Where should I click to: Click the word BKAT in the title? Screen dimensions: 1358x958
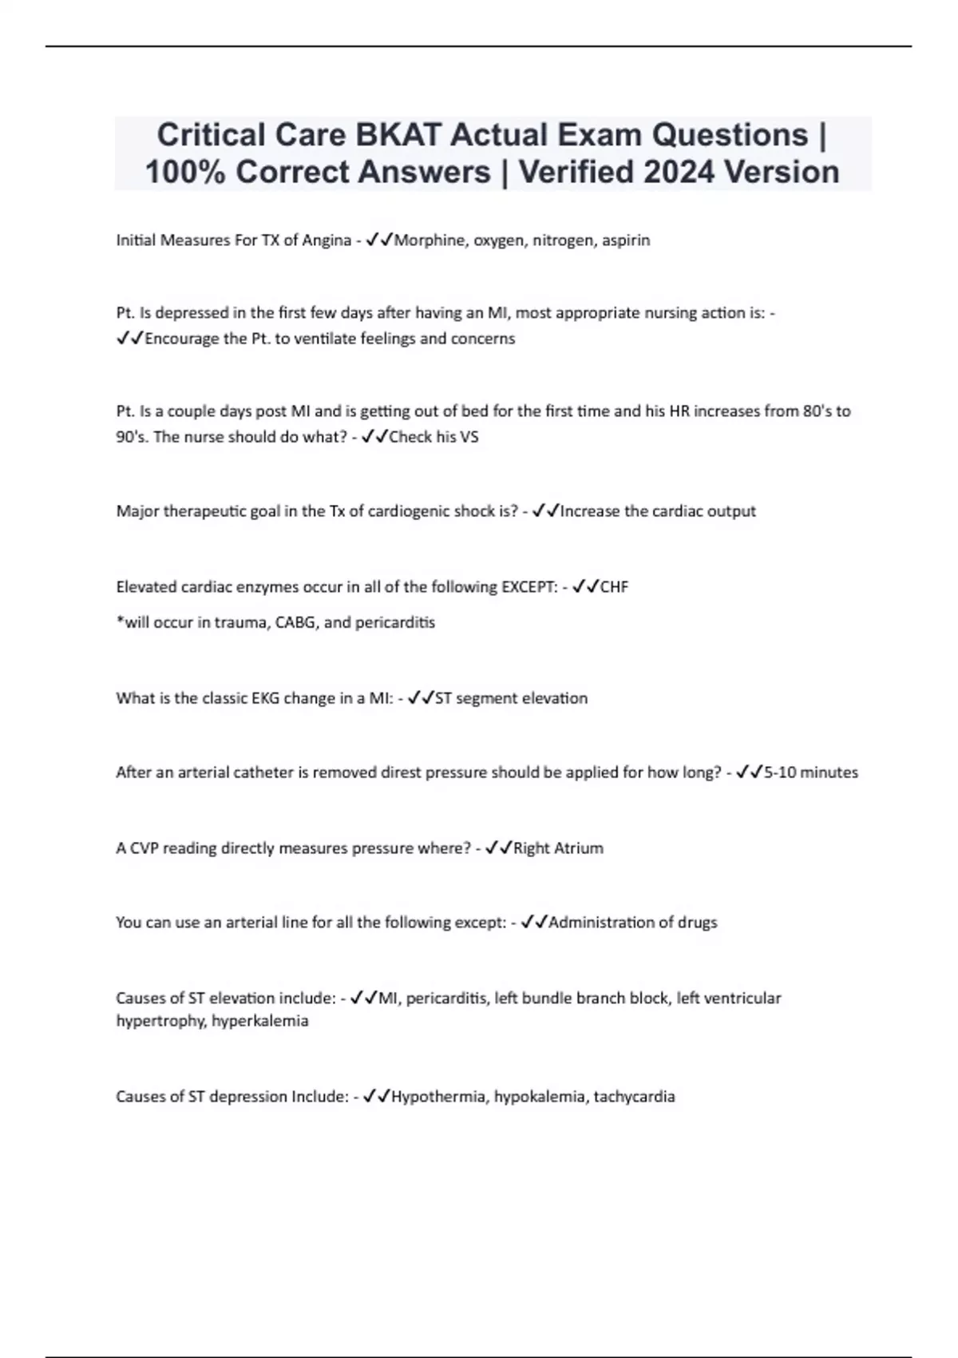coord(398,135)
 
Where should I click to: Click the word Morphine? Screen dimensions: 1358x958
coord(431,240)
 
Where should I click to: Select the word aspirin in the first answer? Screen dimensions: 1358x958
coord(626,240)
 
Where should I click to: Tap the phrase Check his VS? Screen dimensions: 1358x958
coord(433,437)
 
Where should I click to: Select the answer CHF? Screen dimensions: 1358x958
coord(614,587)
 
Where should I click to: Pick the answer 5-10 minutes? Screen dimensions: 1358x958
coord(810,772)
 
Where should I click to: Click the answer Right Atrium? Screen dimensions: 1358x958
coord(558,848)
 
